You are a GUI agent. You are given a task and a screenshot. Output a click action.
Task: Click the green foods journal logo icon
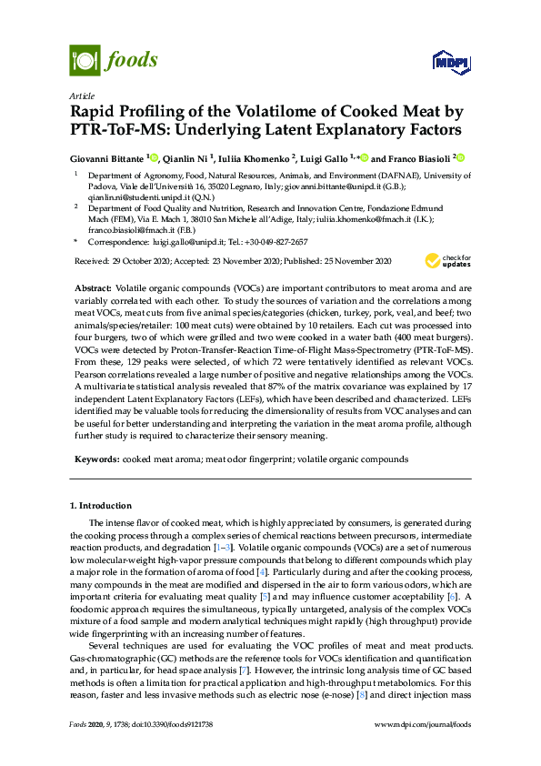[x=85, y=61]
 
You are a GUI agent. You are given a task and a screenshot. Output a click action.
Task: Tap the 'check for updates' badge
[x=447, y=261]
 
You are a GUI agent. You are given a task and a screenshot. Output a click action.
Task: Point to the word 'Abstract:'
[x=94, y=287]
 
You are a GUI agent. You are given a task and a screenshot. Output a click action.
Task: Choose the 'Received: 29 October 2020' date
[x=122, y=262]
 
